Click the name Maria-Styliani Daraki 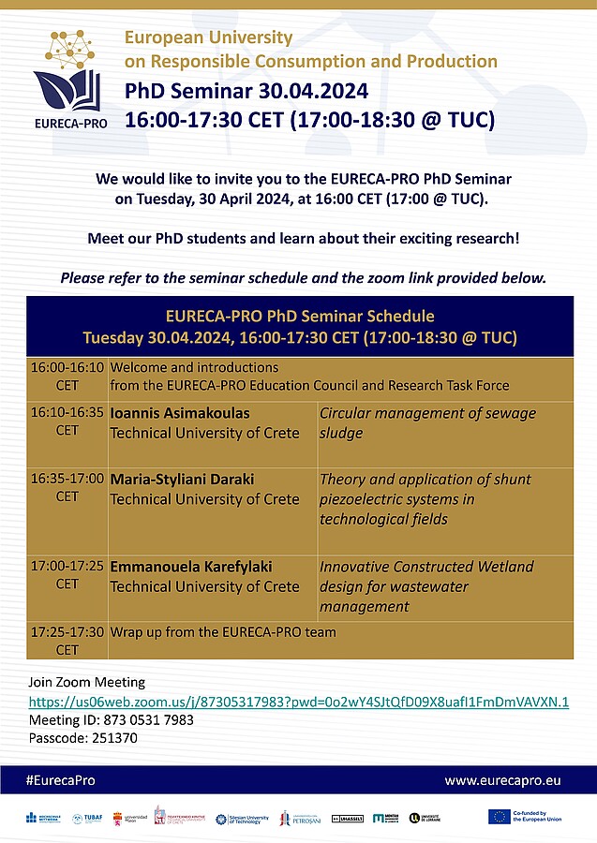tap(182, 479)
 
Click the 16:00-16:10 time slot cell tap(67, 376)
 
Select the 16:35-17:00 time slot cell tap(67, 487)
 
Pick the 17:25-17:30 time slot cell tap(67, 641)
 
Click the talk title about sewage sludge tap(414, 421)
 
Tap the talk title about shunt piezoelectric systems tap(425, 498)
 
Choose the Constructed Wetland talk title tap(426, 586)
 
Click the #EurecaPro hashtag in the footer tap(61, 780)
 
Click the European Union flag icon tap(499, 817)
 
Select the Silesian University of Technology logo tap(242, 819)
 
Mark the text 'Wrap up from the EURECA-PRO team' tap(223, 632)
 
